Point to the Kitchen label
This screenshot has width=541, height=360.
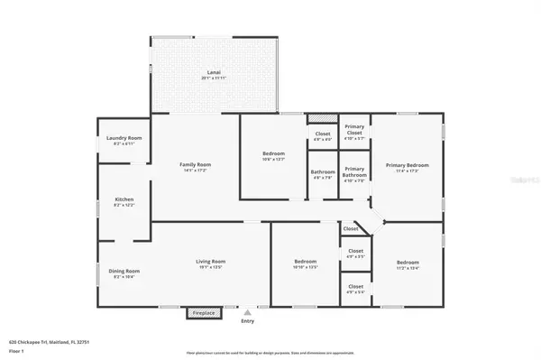coord(124,201)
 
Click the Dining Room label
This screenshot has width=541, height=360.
coord(125,273)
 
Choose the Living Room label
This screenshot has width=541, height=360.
coord(210,264)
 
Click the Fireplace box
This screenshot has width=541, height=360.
coord(203,313)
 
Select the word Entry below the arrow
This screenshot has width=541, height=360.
coord(247,320)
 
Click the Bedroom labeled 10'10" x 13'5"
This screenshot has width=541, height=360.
coord(306,264)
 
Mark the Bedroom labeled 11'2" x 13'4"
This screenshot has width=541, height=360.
coord(408,264)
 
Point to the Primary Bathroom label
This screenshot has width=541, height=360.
coord(354,171)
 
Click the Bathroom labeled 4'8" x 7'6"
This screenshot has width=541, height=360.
coord(323,174)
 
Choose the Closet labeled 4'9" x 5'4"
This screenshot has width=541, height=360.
coord(355,290)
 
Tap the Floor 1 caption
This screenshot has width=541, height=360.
coord(16,351)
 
